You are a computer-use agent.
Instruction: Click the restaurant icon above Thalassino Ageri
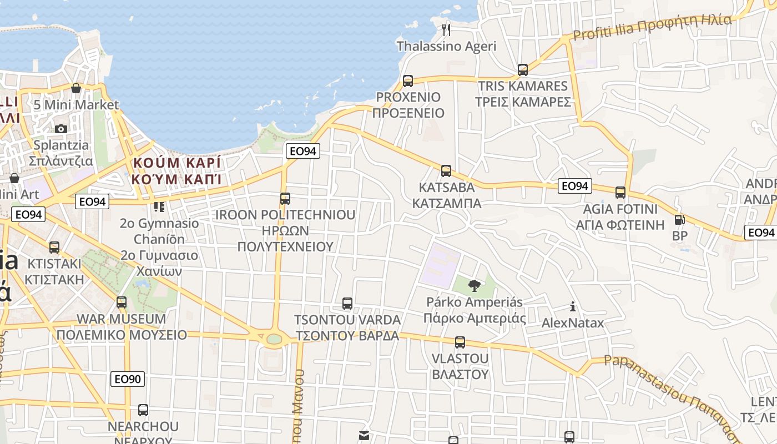tap(446, 28)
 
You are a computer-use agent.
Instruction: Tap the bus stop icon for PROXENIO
tap(408, 81)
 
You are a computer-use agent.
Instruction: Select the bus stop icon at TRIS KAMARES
tap(523, 70)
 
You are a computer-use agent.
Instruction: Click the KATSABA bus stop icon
tap(446, 171)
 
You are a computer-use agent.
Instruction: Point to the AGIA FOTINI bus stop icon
tap(620, 193)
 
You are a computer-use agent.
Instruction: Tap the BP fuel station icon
tap(679, 220)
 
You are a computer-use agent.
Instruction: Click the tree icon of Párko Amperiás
tap(474, 286)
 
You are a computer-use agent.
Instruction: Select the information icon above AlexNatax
tap(573, 306)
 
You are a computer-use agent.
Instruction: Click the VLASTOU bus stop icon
tap(460, 342)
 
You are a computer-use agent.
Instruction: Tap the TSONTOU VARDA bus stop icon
tap(347, 304)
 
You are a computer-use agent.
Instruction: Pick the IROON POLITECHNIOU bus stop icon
tap(285, 198)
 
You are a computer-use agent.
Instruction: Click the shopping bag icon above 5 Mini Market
tap(76, 88)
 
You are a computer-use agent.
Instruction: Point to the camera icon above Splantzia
tap(61, 129)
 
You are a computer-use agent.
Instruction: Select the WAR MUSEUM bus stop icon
tap(122, 302)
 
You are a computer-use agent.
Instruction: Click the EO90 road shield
tap(128, 379)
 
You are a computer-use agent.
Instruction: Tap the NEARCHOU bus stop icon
tap(143, 410)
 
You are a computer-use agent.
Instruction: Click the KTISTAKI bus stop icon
tap(54, 247)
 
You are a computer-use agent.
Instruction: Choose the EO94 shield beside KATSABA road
tap(574, 186)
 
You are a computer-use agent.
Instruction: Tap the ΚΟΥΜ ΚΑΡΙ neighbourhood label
tap(176, 171)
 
